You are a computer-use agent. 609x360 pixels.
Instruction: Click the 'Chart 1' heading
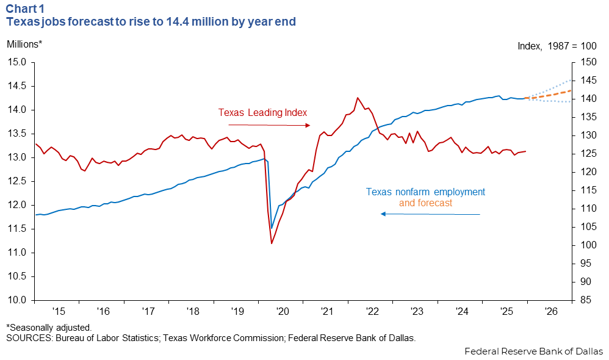pyautogui.click(x=25, y=9)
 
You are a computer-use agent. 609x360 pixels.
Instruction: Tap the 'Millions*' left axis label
pyautogui.click(x=24, y=44)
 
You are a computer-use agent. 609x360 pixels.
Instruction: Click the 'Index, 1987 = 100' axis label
pyautogui.click(x=557, y=46)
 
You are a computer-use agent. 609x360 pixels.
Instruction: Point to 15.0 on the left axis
pyautogui.click(x=16, y=62)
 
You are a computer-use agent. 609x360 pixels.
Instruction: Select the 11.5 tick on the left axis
pyautogui.click(x=16, y=229)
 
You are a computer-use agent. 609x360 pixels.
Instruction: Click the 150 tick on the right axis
pyautogui.click(x=585, y=62)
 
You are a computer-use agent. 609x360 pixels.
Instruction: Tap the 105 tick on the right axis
pyautogui.click(x=585, y=227)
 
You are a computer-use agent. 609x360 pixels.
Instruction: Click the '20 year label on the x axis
pyautogui.click(x=282, y=311)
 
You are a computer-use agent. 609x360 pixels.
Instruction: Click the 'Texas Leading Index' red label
pyautogui.click(x=262, y=112)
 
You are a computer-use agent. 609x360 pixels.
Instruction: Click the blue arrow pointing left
pyautogui.click(x=430, y=214)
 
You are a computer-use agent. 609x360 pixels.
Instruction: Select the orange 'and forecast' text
pyautogui.click(x=425, y=203)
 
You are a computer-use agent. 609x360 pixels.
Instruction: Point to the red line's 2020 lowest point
pyautogui.click(x=272, y=243)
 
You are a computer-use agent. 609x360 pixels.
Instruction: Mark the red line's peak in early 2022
pyautogui.click(x=358, y=98)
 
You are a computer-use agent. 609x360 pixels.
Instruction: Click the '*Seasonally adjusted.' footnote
pyautogui.click(x=49, y=328)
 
